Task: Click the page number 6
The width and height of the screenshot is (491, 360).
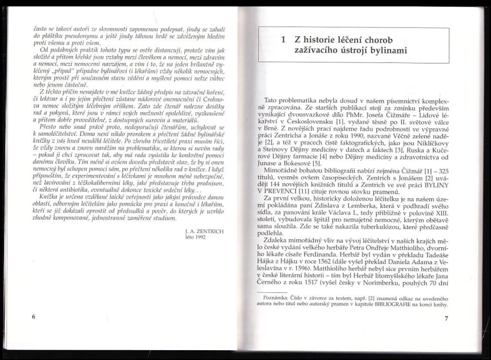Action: (x=34, y=317)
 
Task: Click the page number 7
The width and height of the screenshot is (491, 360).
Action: (x=446, y=319)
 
